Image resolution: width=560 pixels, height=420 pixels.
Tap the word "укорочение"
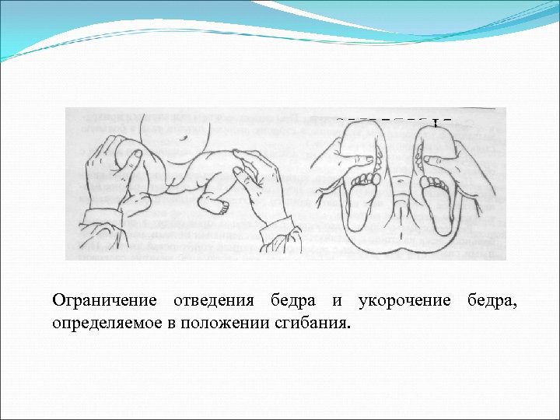coord(404,301)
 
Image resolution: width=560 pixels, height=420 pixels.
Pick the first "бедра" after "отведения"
coord(292,301)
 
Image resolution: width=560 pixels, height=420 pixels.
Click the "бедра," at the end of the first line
coord(490,301)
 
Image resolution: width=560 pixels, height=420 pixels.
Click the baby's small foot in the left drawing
coord(214,202)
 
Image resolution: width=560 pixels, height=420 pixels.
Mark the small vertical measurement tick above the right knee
coord(436,122)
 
